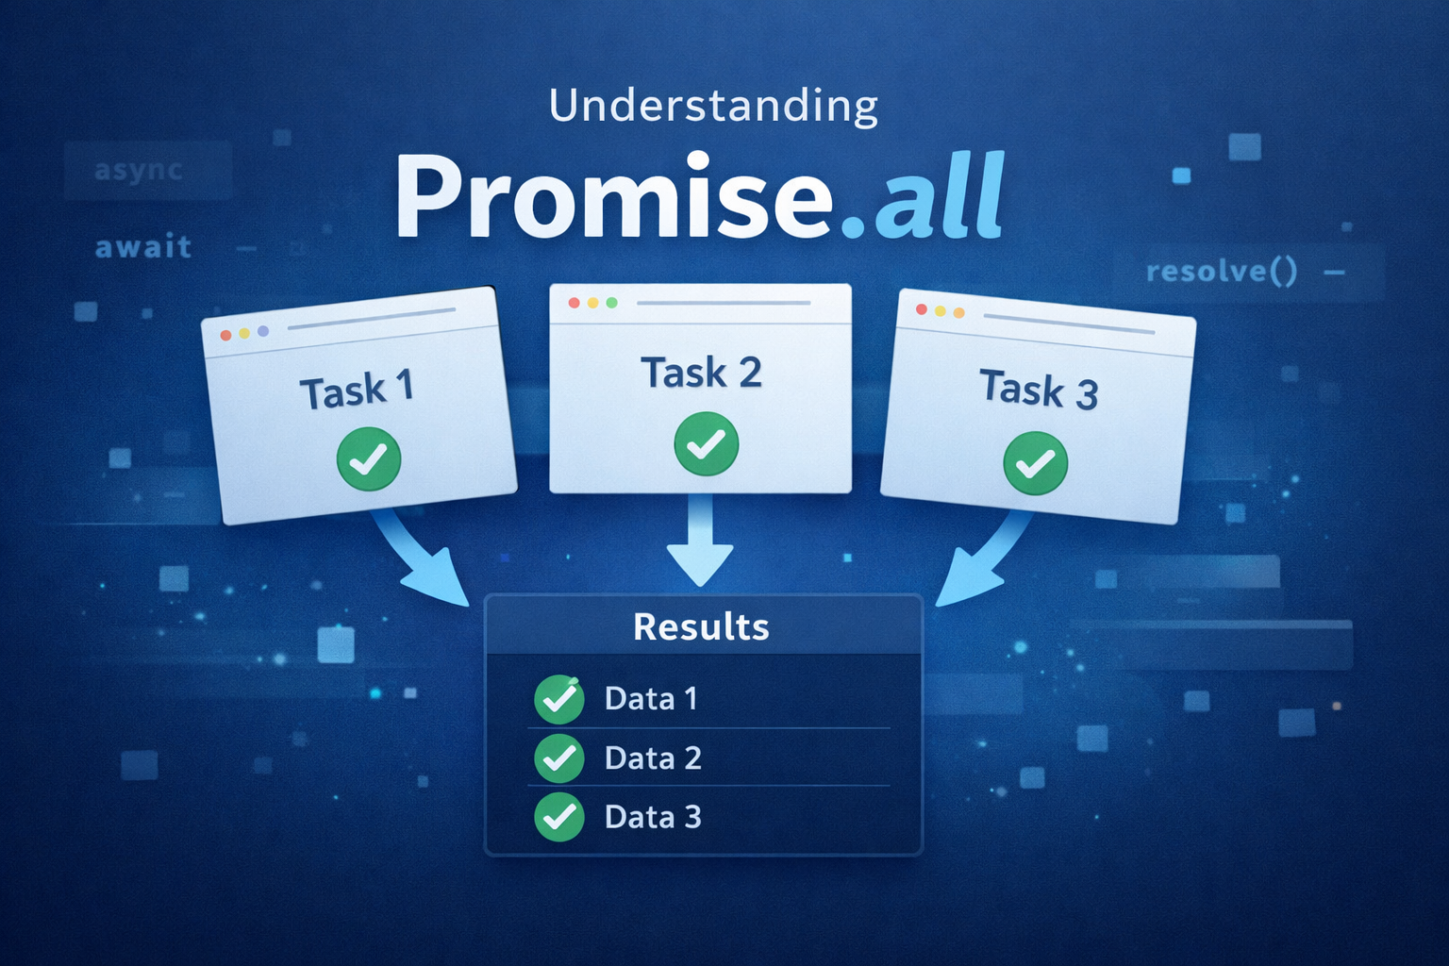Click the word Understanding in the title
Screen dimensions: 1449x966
coord(713,106)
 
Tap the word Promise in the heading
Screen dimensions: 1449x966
coord(614,195)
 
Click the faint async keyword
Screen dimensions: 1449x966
coord(139,171)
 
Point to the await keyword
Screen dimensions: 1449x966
coord(143,246)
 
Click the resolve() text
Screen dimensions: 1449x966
coord(1222,271)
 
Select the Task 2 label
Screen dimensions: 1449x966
coord(701,372)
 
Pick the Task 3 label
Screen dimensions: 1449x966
coord(1040,389)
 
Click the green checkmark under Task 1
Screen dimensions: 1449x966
coord(369,458)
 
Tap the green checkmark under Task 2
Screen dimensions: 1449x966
coord(707,444)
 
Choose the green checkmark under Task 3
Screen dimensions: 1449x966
coord(1036,463)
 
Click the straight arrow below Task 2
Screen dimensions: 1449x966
coord(700,541)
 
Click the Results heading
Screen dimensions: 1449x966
coord(701,626)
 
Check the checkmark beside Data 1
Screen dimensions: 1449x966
coord(559,699)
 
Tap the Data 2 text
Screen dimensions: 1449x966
coord(653,758)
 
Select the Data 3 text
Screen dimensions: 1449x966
coord(653,817)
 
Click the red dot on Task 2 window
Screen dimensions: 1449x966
coord(574,303)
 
